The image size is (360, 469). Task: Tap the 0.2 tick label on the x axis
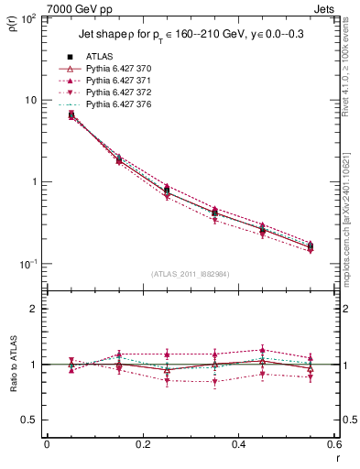142,444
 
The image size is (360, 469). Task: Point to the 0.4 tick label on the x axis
238,444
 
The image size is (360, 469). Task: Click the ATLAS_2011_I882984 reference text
191,274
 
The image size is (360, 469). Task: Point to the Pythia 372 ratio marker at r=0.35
214,382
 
